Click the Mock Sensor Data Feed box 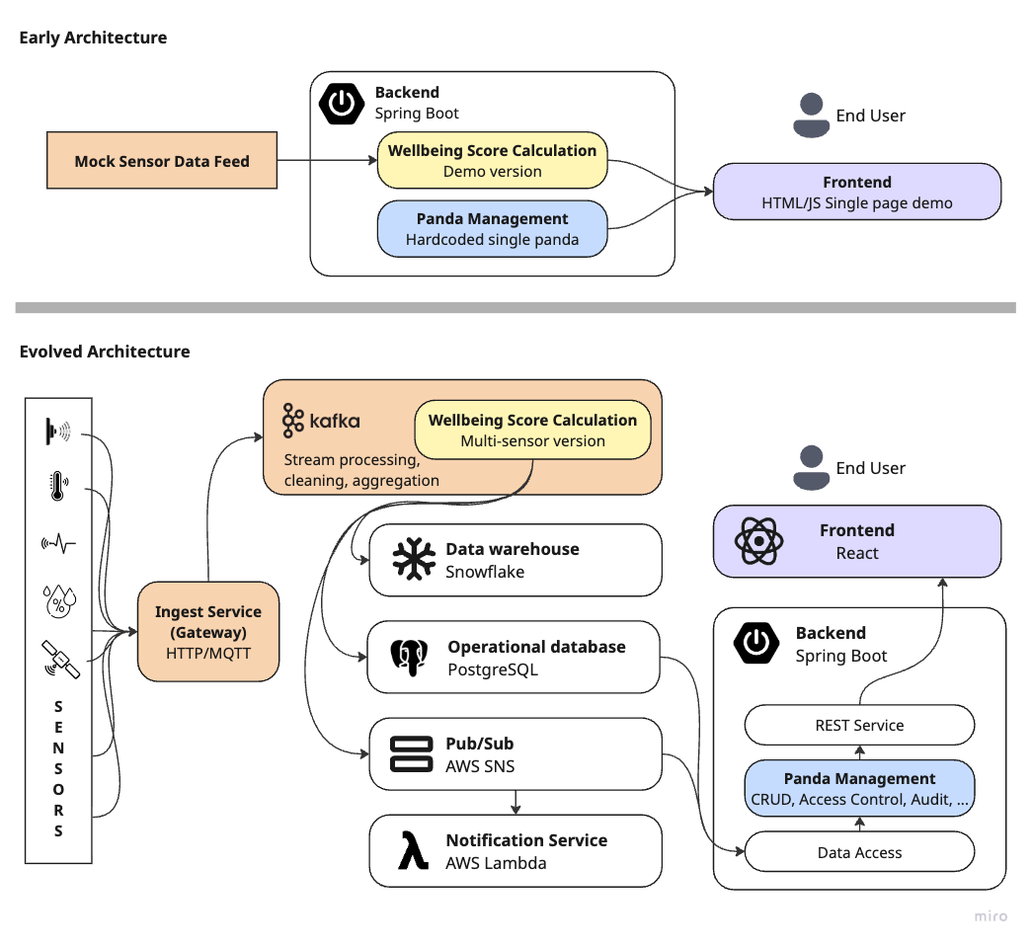[x=162, y=160]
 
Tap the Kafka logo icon [x=292, y=421]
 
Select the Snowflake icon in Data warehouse [x=414, y=559]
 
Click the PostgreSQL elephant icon [x=409, y=658]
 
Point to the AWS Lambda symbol [x=413, y=850]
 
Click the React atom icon [x=758, y=541]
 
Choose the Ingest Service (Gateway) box [x=208, y=631]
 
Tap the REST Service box [x=859, y=725]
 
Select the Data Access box [x=859, y=851]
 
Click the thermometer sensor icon [x=58, y=486]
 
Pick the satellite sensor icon [x=60, y=659]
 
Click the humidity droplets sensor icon [x=59, y=600]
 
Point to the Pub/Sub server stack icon [x=412, y=753]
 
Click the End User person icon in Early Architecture [x=812, y=116]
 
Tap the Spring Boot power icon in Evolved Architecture [x=756, y=642]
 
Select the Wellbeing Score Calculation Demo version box [x=493, y=160]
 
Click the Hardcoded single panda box [x=493, y=229]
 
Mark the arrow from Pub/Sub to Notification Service [x=515, y=802]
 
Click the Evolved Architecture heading [x=105, y=352]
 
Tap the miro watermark [x=991, y=916]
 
